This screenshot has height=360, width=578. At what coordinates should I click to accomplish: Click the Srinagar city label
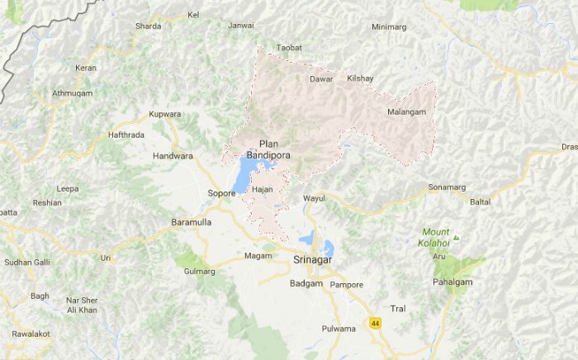tap(312, 260)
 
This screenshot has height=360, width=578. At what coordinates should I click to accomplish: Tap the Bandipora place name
tap(268, 154)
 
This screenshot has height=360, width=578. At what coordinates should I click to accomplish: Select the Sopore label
tap(221, 193)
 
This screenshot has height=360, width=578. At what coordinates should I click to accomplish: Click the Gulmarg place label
tap(199, 271)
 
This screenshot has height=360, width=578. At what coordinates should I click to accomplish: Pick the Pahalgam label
tap(452, 282)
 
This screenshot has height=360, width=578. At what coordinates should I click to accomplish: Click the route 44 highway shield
tap(376, 322)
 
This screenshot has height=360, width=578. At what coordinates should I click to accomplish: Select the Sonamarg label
tap(447, 187)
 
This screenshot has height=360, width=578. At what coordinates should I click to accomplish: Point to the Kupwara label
tap(164, 114)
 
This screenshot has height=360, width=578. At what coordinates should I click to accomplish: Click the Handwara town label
tap(173, 155)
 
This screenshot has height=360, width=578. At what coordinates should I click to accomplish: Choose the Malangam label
tap(406, 111)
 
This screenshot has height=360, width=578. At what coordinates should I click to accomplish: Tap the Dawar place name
tap(320, 78)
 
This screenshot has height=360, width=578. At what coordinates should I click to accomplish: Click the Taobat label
tap(289, 48)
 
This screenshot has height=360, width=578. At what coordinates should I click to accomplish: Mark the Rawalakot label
tap(31, 334)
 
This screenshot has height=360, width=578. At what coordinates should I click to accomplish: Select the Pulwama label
tap(339, 329)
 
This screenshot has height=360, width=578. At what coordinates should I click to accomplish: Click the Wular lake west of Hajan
tap(243, 176)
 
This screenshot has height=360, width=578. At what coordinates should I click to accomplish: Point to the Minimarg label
tap(389, 27)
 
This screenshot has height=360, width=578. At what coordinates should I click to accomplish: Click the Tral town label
tap(398, 308)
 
